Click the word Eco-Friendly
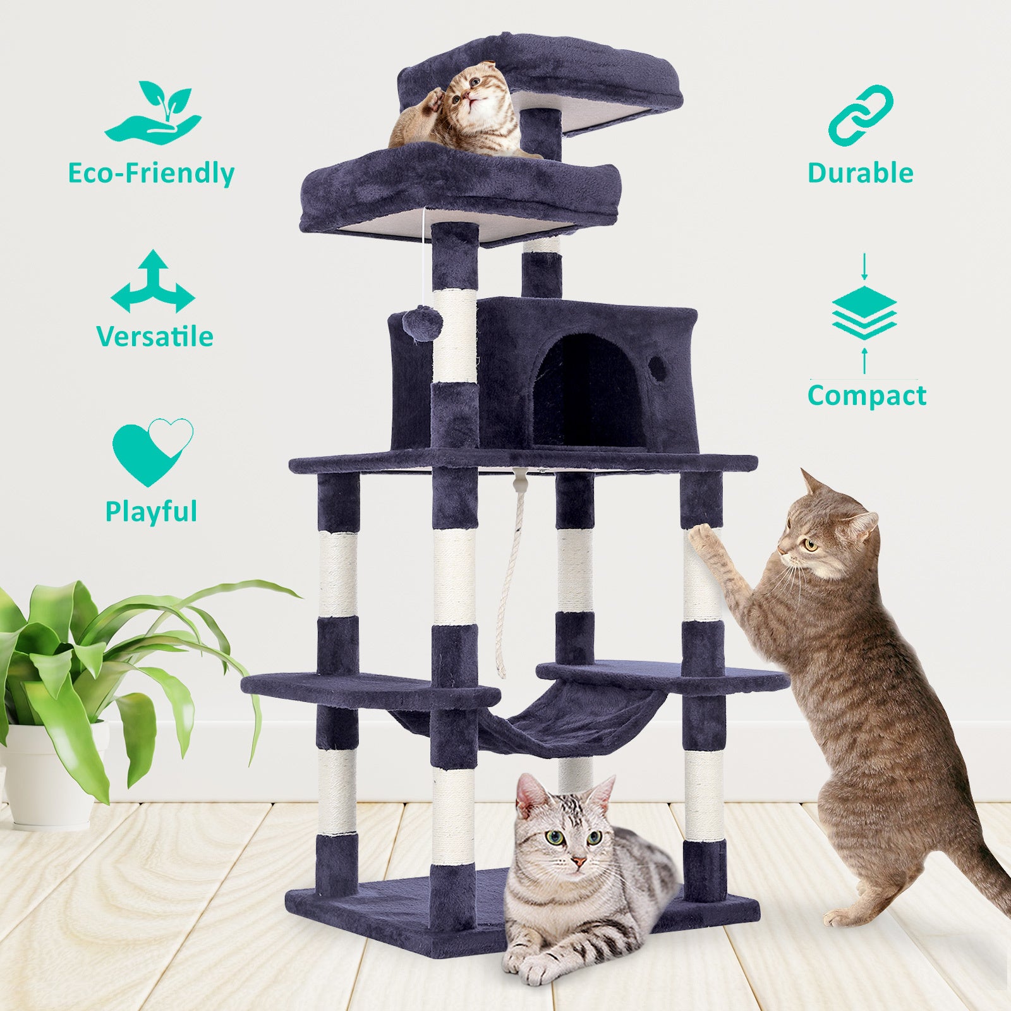pos(151,173)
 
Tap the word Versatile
pos(155,336)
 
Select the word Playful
pos(151,511)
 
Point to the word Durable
pos(860,173)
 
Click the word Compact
pos(866,396)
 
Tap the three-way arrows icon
pos(152,282)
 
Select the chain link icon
pos(861,113)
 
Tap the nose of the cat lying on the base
pos(578,861)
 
